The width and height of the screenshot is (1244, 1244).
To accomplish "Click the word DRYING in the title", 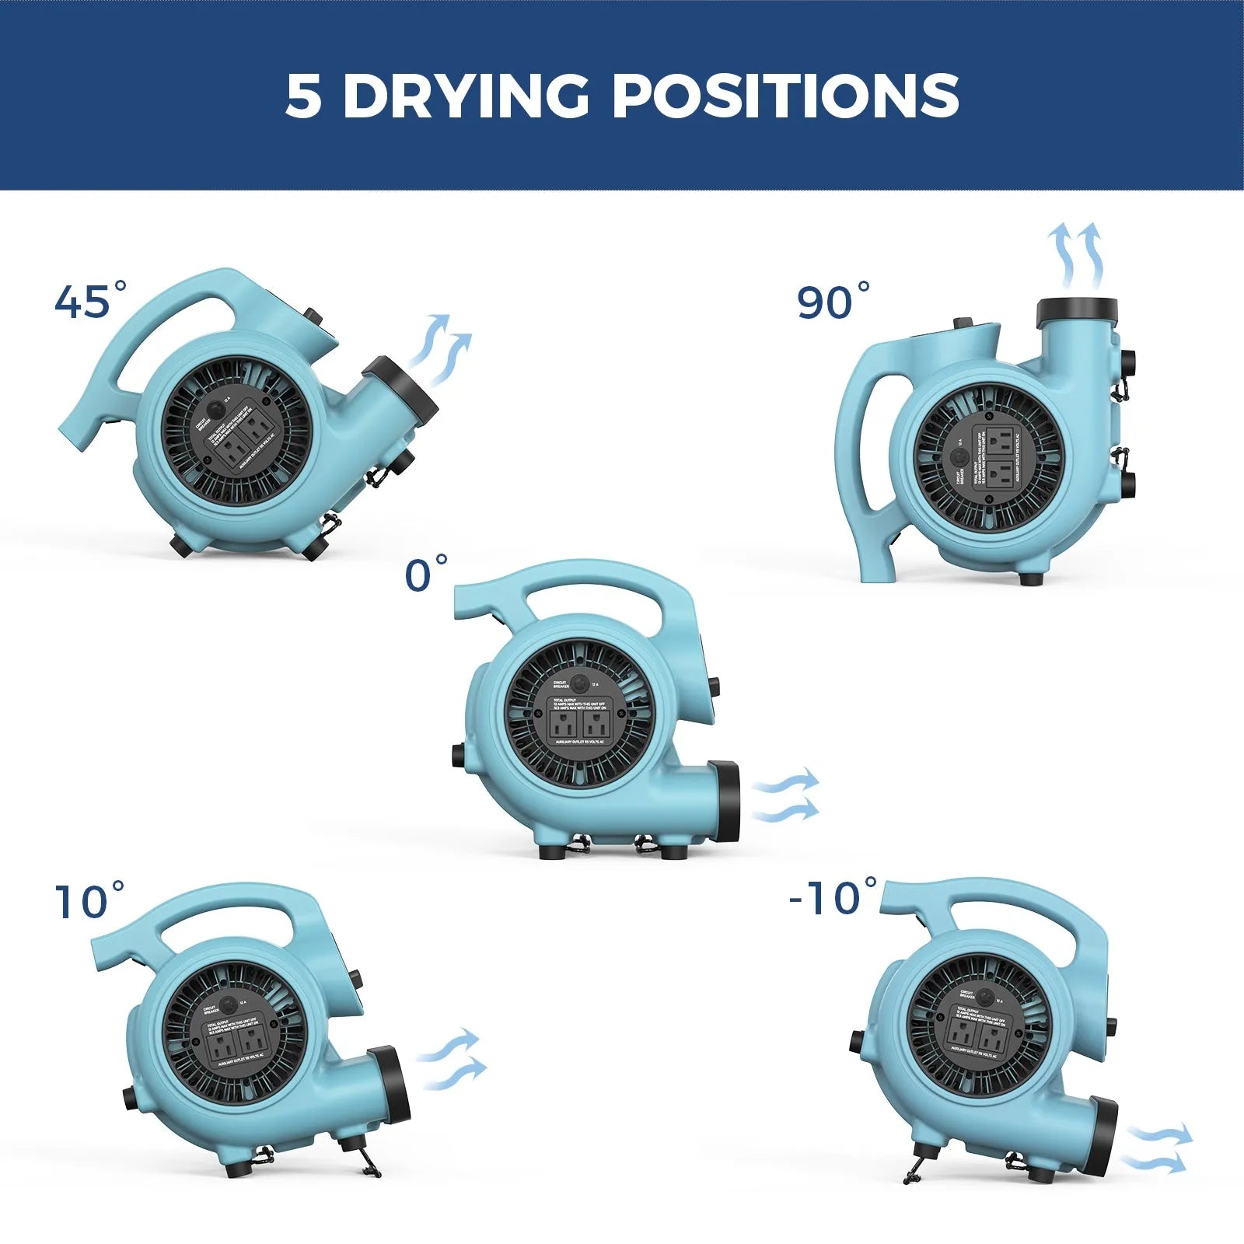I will [466, 96].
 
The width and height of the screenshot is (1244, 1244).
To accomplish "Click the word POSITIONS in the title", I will [785, 96].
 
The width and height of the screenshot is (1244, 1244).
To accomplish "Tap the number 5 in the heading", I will [302, 96].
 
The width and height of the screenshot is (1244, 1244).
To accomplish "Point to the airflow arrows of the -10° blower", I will [1156, 1149].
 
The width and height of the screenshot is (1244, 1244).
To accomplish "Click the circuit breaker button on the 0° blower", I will [579, 683].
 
